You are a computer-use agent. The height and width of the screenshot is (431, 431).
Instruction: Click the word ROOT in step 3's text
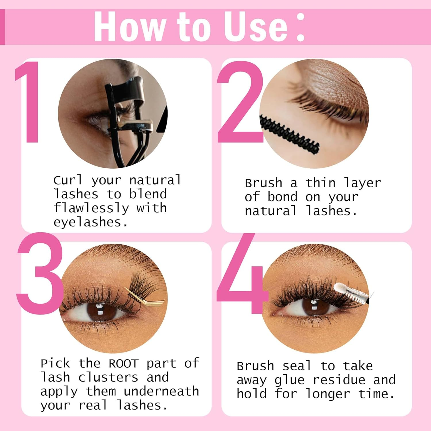click(124, 364)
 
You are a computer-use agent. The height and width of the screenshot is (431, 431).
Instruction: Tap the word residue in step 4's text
click(339, 380)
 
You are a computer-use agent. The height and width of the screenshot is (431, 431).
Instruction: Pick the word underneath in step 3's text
click(161, 391)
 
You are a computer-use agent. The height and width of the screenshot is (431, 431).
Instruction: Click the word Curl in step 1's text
click(68, 180)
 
